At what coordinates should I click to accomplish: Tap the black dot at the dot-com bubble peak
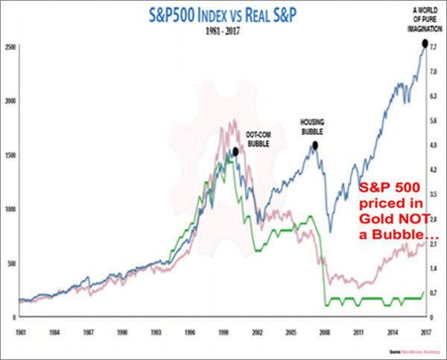click(235, 151)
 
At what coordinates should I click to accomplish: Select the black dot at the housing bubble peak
click(316, 145)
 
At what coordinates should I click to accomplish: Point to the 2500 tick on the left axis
click(10, 47)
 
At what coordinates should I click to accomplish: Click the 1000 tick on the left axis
click(10, 209)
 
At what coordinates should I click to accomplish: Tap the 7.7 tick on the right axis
click(433, 47)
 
